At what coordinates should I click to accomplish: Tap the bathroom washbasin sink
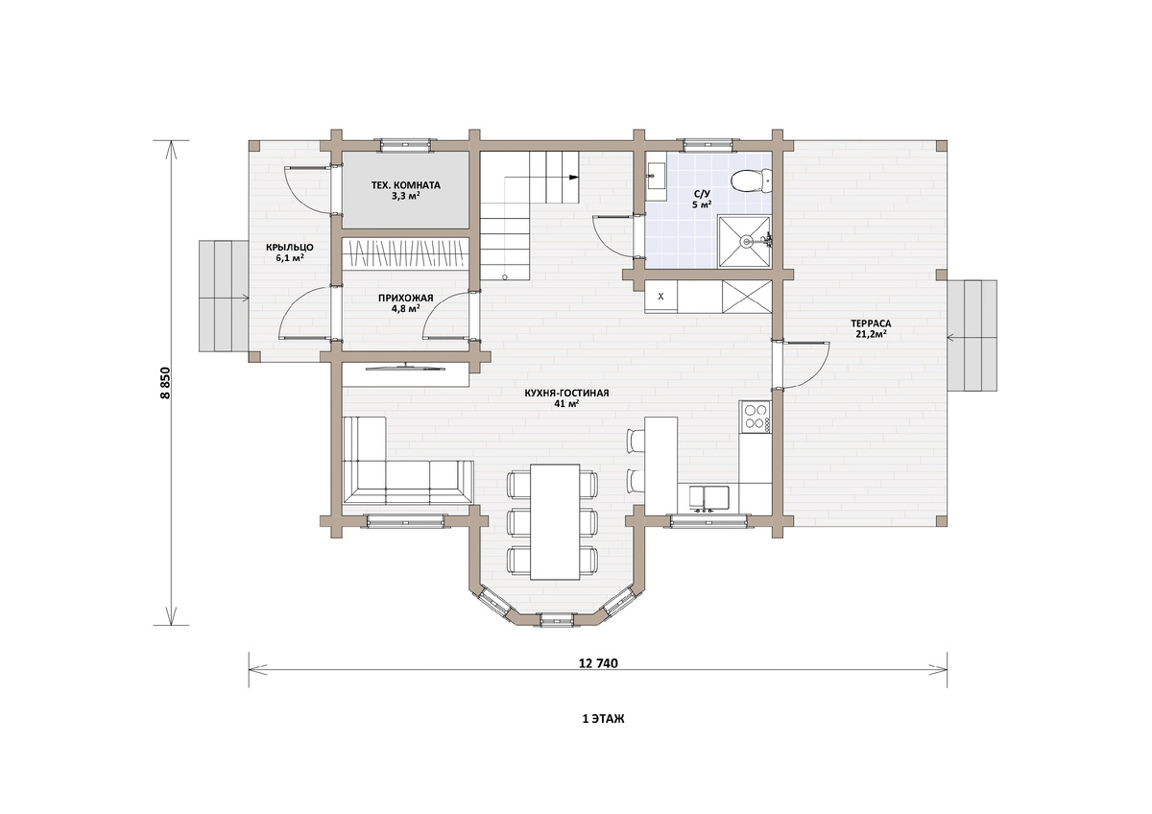pos(656,177)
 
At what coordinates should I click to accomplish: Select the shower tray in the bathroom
pos(744,242)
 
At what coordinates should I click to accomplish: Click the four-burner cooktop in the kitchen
pos(756,417)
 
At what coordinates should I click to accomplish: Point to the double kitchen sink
pos(709,498)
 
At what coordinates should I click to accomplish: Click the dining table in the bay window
pos(555,521)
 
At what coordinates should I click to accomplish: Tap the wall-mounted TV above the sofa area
pos(406,366)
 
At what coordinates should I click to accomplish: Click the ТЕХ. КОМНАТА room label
pos(406,185)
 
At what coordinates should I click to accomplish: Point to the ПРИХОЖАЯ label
pos(406,299)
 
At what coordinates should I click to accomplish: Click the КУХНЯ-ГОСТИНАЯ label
pos(566,394)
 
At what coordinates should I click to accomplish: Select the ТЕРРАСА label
pos(871,323)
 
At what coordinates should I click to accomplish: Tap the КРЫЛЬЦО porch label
pos(290,248)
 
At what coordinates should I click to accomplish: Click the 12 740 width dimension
pos(598,663)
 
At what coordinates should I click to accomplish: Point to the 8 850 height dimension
pos(165,383)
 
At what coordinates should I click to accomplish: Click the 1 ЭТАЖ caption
pos(603,719)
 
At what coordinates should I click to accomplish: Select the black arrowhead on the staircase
pos(574,178)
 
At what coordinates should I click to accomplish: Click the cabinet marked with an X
pos(660,297)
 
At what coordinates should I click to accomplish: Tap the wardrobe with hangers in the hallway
pos(406,253)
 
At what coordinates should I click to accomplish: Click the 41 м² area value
pos(566,404)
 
